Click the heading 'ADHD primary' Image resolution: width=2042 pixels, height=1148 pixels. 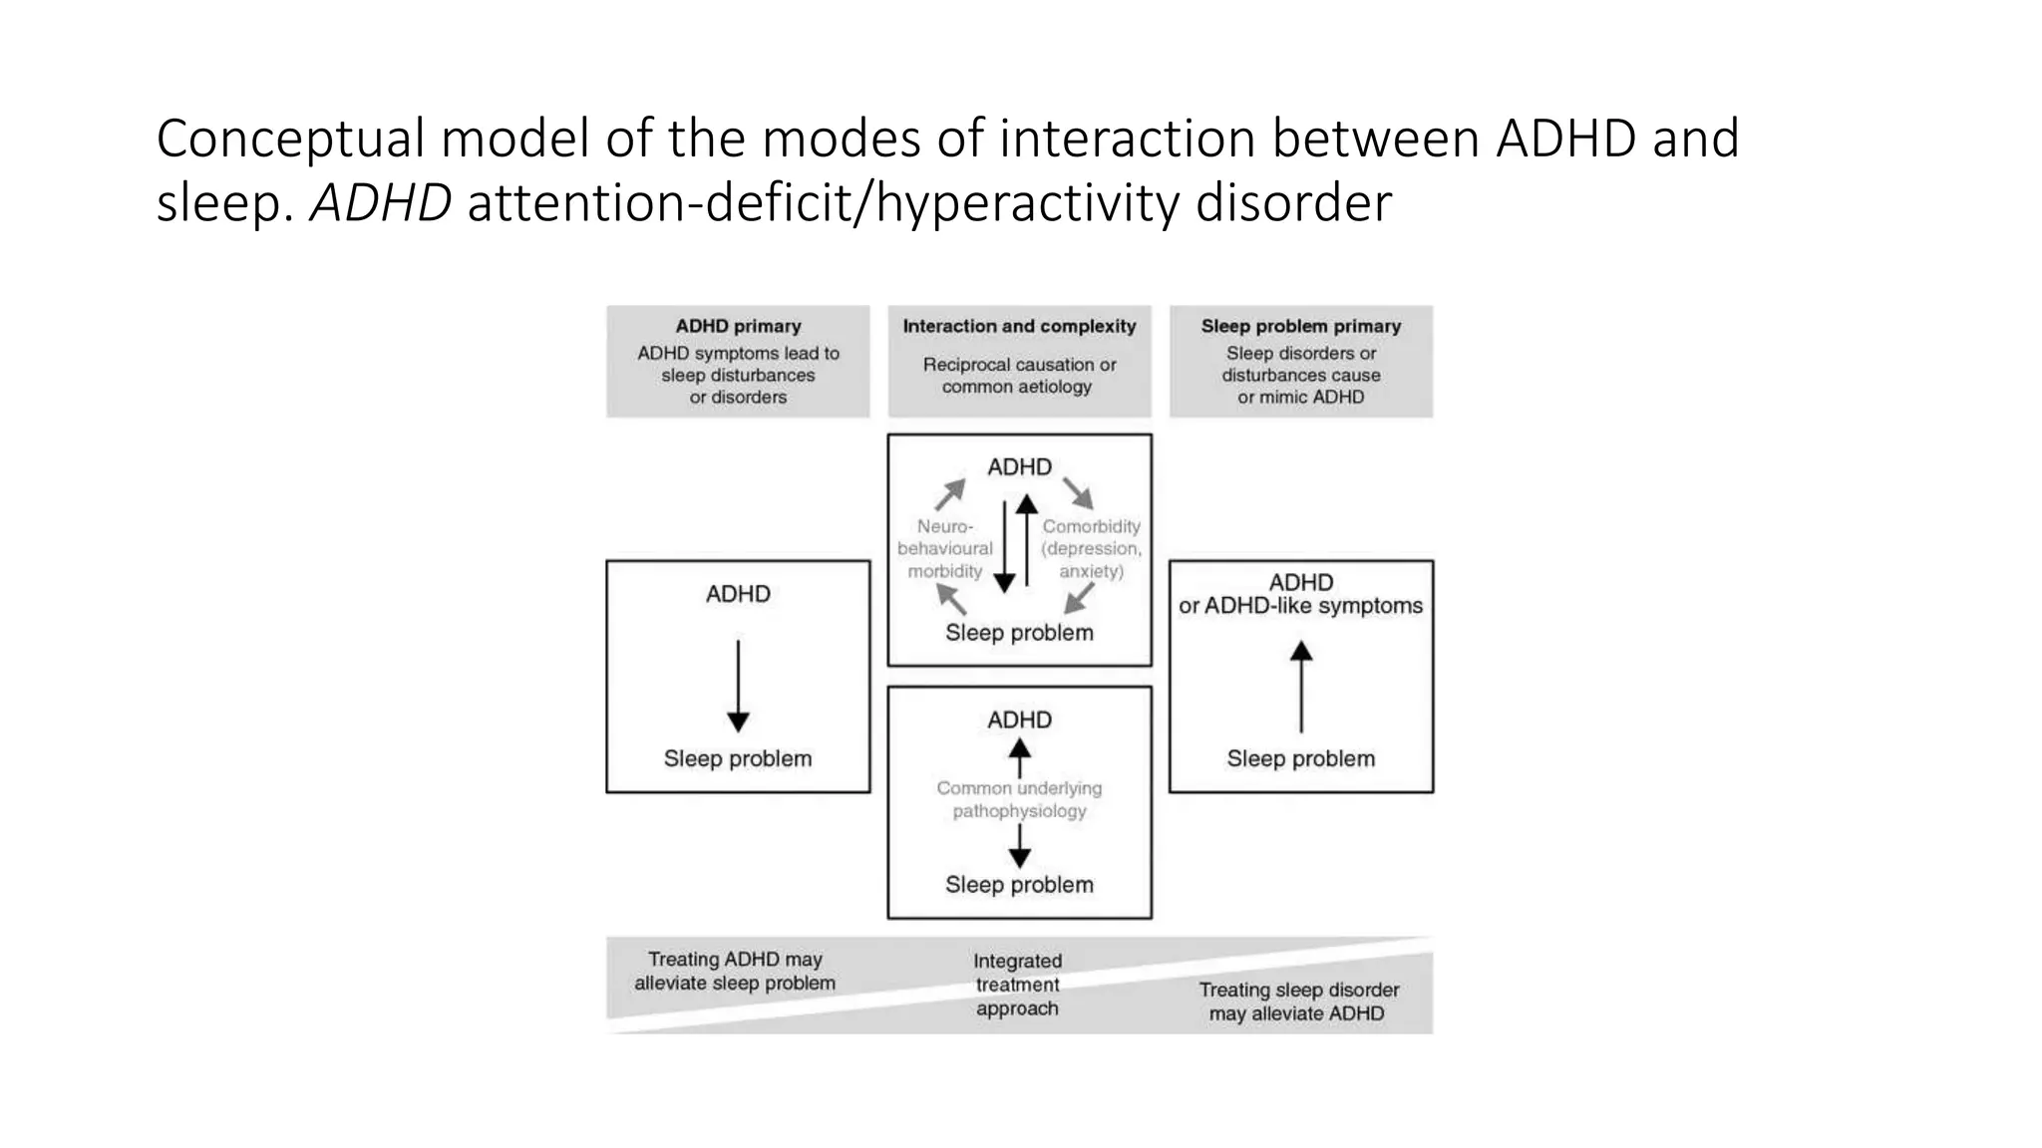tap(738, 326)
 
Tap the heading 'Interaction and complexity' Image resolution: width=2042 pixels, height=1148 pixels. tap(1019, 326)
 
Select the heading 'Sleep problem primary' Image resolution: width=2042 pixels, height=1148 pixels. tap(1300, 326)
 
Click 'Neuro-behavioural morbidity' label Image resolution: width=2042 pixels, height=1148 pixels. tap(944, 548)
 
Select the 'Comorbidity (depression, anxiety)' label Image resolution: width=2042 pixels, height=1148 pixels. tap(1091, 548)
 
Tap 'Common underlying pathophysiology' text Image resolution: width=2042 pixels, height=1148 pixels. tap(1019, 799)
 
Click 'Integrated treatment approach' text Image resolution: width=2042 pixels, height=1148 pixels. tap(1017, 985)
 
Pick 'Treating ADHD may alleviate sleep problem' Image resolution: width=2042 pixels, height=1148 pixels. tap(735, 971)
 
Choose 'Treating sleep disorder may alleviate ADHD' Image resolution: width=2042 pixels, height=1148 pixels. tap(1298, 1002)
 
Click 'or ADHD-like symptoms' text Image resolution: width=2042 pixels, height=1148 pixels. tap(1300, 606)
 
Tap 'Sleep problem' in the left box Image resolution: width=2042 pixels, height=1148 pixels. tap(738, 758)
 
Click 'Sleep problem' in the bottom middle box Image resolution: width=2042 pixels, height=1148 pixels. tap(1019, 885)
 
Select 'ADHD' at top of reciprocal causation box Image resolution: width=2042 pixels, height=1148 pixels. tap(1019, 467)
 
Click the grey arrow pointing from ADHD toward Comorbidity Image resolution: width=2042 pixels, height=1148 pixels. tap(1078, 493)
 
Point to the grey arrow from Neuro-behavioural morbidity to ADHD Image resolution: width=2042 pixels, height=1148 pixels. tap(950, 493)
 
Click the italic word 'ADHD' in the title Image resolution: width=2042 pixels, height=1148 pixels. tap(381, 203)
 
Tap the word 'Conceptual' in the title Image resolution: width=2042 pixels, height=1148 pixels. tap(290, 139)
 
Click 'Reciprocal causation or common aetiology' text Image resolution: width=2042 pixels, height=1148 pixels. tap(1018, 376)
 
